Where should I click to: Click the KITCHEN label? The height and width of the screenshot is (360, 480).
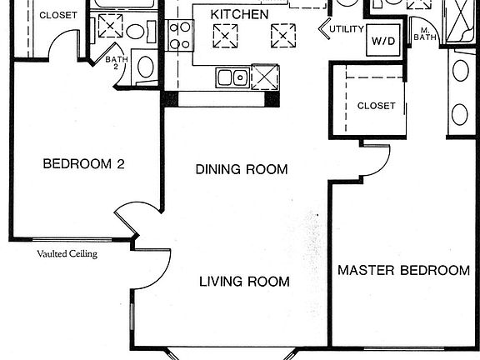coord(239,15)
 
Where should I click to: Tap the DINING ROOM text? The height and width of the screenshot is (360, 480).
coord(242,170)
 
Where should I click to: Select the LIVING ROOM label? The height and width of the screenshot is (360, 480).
coord(244,282)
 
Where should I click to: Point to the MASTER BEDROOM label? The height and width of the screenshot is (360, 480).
coord(403,271)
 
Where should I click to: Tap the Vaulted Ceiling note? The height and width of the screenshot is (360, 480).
coord(67,254)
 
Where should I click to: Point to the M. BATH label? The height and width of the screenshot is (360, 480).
coord(424,34)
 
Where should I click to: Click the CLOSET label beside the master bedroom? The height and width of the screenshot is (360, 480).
coord(376,106)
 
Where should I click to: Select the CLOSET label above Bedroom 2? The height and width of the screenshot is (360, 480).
coord(58,15)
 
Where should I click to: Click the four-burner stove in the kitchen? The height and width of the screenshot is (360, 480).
coord(179,36)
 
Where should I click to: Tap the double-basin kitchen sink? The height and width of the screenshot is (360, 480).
coord(232,78)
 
